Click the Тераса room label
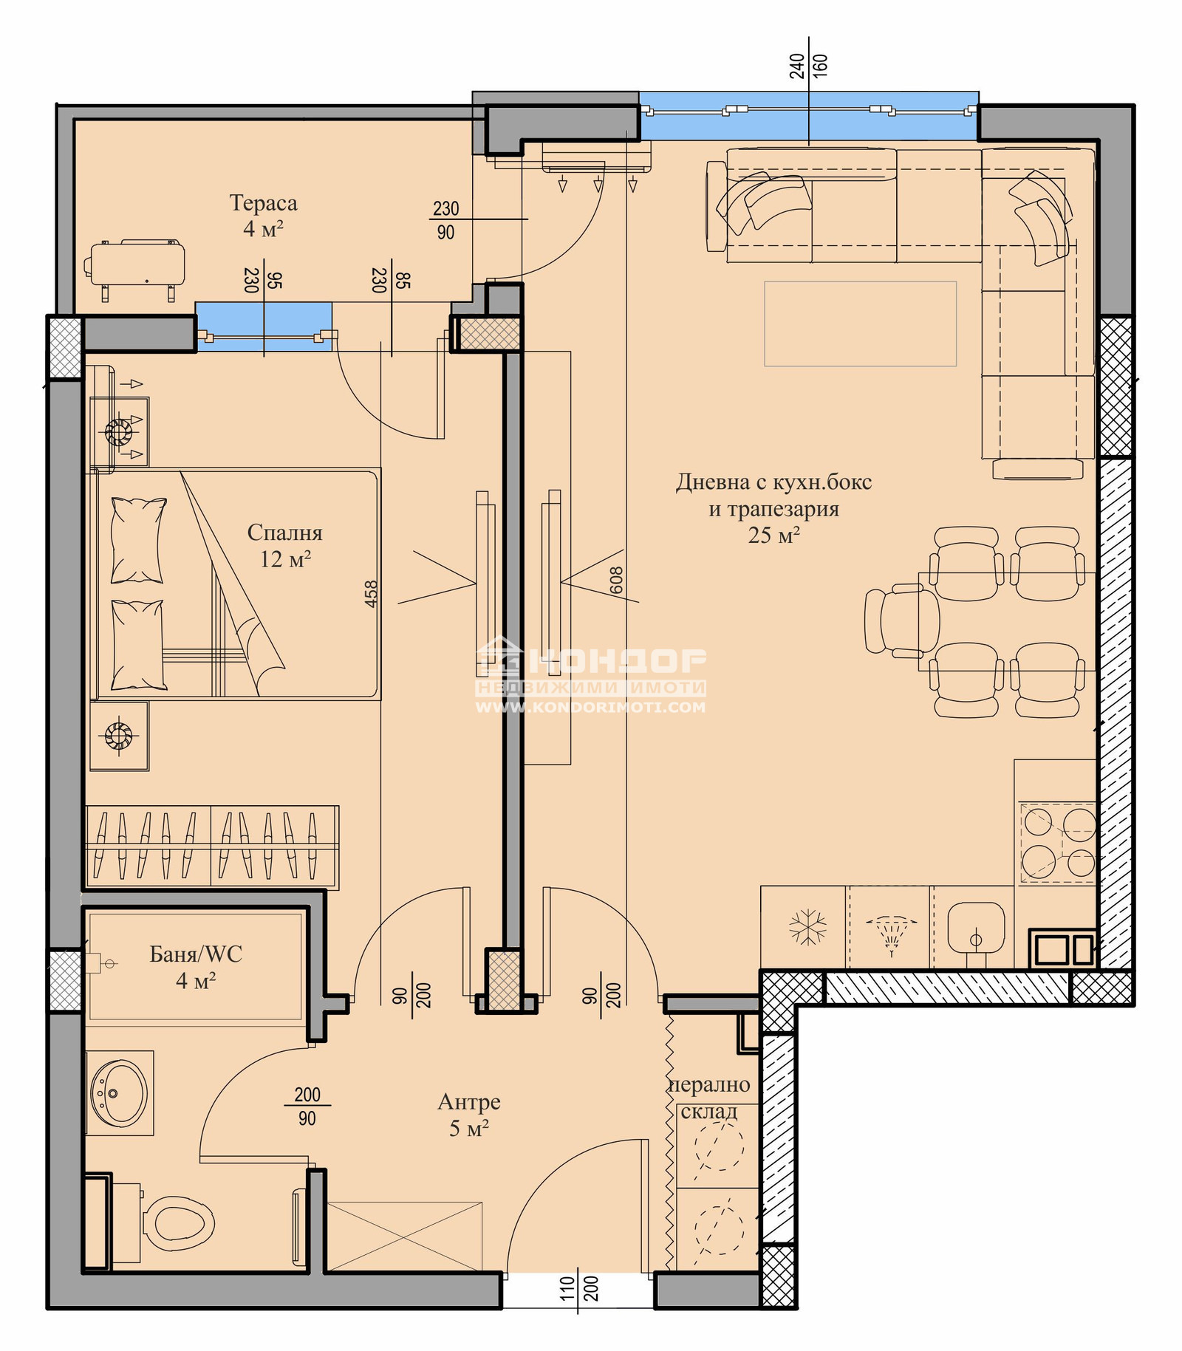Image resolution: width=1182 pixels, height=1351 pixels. click(263, 203)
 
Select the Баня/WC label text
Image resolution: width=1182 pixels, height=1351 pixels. click(196, 954)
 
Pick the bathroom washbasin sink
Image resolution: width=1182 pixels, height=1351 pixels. click(119, 1093)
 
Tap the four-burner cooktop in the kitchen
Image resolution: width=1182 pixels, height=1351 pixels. click(1059, 842)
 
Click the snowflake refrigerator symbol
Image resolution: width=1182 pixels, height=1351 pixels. click(807, 927)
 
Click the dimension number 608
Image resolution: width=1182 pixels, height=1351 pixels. click(617, 581)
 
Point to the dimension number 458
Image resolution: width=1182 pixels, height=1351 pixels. click(371, 594)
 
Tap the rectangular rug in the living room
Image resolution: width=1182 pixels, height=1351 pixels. click(860, 324)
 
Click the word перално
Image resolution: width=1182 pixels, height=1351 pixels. click(709, 1085)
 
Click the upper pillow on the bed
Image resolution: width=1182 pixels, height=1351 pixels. click(137, 541)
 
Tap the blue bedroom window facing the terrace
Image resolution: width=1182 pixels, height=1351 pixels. click(264, 325)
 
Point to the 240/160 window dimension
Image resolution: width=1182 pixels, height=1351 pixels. click(808, 66)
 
